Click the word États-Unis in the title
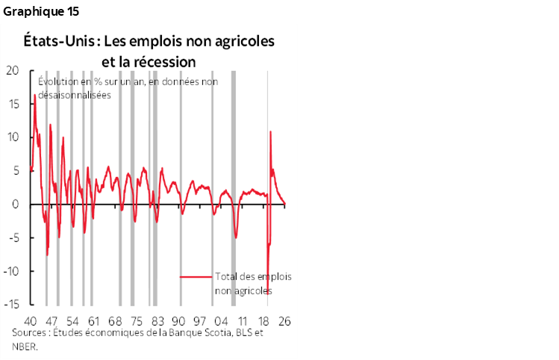point(55,41)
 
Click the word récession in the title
point(161,60)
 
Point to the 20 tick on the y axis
point(13,71)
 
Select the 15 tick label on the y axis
point(13,104)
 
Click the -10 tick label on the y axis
point(11,271)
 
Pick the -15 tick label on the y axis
point(11,305)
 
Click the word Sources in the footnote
point(31,333)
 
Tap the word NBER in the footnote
point(23,346)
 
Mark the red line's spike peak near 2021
point(270,131)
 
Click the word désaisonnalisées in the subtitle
point(73,95)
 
